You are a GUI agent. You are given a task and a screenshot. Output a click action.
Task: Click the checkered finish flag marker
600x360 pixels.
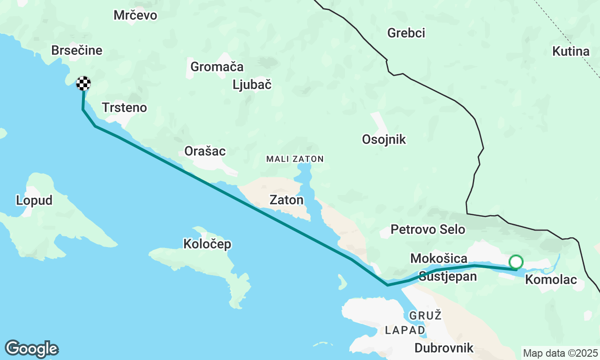pyautogui.click(x=83, y=83)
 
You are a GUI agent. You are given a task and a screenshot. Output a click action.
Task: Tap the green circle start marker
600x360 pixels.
pyautogui.click(x=516, y=262)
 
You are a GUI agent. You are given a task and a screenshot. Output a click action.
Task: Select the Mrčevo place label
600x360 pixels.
pyautogui.click(x=135, y=15)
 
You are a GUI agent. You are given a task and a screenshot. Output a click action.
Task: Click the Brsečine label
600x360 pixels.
pyautogui.click(x=77, y=51)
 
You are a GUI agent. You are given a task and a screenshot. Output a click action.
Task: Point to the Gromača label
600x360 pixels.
pyautogui.click(x=217, y=67)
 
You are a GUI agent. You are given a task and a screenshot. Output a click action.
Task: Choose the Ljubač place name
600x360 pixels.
pyautogui.click(x=252, y=85)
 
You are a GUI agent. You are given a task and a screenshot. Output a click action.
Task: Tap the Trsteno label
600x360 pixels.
pyautogui.click(x=125, y=108)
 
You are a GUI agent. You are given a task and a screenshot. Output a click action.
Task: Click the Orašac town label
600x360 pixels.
pyautogui.click(x=205, y=151)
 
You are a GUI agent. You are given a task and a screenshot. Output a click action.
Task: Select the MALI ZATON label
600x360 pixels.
pyautogui.click(x=295, y=159)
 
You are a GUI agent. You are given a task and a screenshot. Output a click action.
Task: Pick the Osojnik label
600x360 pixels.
pyautogui.click(x=384, y=139)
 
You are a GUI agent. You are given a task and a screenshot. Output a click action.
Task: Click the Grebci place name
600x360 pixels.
pyautogui.click(x=406, y=33)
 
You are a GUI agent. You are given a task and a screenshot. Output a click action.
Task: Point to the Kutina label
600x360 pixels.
pyautogui.click(x=571, y=52)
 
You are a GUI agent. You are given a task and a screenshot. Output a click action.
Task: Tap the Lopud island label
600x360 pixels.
pyautogui.click(x=34, y=200)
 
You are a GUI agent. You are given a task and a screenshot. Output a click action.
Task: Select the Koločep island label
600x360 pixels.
pyautogui.click(x=207, y=244)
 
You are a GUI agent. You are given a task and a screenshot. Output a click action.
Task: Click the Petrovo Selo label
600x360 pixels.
pyautogui.click(x=428, y=229)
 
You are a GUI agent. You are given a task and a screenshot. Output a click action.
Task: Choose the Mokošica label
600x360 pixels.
pyautogui.click(x=439, y=258)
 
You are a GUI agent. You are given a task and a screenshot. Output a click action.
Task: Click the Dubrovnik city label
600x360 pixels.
pyautogui.click(x=444, y=348)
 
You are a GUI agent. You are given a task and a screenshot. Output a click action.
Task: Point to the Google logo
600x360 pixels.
pyautogui.click(x=31, y=349)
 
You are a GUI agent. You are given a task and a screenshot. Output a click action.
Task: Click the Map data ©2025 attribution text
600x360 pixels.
pyautogui.click(x=561, y=353)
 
